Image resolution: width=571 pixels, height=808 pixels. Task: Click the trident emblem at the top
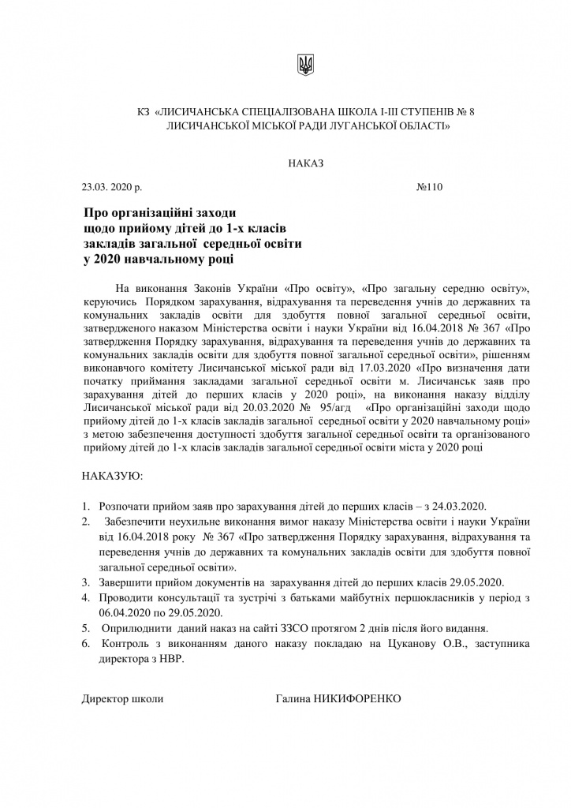pyautogui.click(x=305, y=66)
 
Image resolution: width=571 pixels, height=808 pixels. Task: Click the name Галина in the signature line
pyautogui.click(x=294, y=698)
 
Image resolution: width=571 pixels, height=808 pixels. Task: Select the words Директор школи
pyautogui.click(x=123, y=698)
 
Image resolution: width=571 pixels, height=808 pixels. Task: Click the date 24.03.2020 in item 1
pyautogui.click(x=461, y=505)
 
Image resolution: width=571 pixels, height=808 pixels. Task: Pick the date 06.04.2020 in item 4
pyautogui.click(x=125, y=612)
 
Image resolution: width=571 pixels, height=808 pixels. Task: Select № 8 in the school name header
pyautogui.click(x=465, y=112)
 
